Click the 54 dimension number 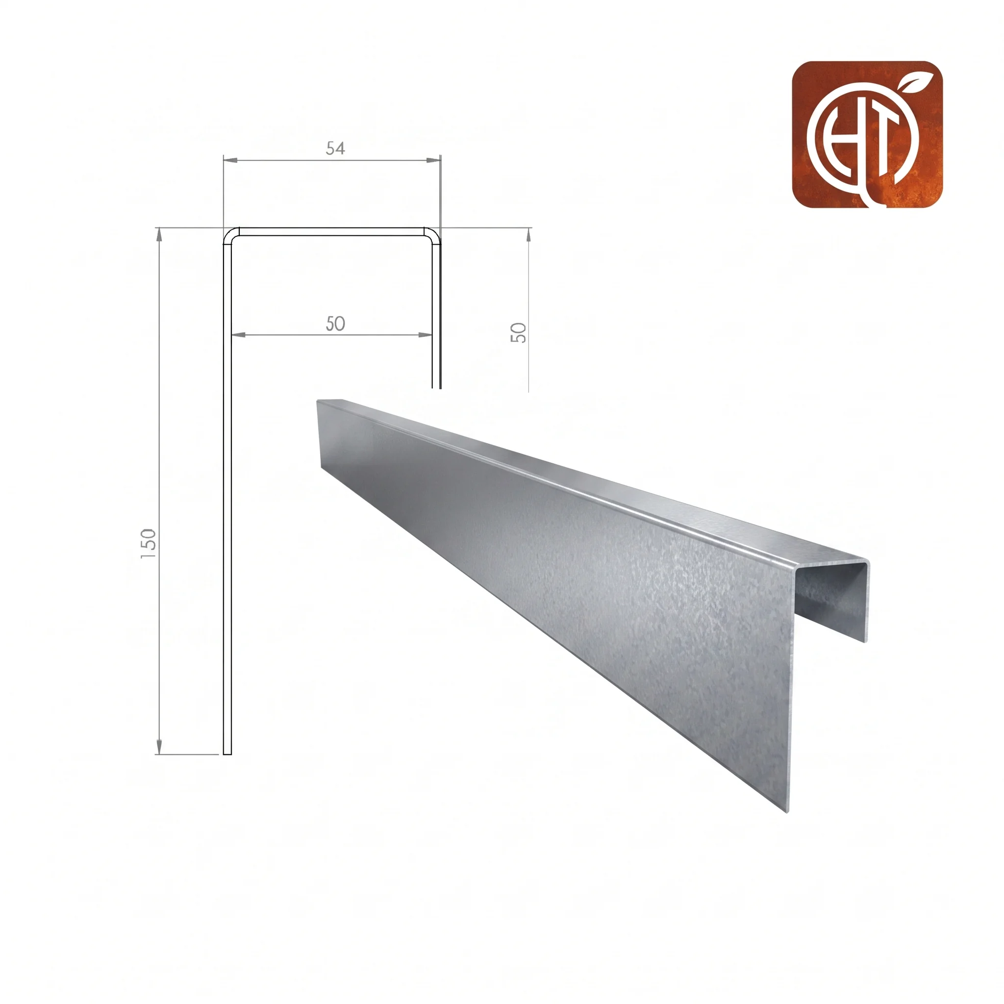click(335, 149)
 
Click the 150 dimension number click(149, 544)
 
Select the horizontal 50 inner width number click(335, 324)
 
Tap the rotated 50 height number click(519, 332)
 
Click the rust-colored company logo click(867, 135)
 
